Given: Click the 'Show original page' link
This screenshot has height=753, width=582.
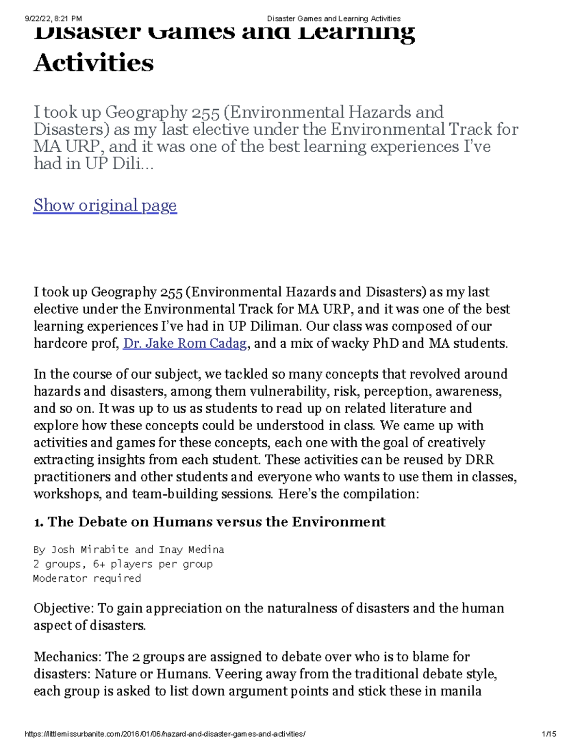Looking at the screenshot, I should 105,206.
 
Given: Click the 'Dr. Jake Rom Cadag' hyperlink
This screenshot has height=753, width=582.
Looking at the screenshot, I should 185,343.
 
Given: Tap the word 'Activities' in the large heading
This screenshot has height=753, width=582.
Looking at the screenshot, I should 94,63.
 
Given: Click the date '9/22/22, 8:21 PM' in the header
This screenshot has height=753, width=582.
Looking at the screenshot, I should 53,19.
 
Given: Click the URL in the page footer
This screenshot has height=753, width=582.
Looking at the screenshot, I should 165,734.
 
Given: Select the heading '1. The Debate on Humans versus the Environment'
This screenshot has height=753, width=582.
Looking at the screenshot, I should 210,522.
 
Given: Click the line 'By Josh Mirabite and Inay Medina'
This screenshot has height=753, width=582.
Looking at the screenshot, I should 129,549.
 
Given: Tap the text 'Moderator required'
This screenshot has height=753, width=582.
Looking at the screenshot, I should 87,578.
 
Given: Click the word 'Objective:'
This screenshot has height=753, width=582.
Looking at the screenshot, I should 64,608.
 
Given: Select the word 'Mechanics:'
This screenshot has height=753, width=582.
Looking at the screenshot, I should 67,657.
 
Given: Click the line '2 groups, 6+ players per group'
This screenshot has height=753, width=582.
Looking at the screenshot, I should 123,564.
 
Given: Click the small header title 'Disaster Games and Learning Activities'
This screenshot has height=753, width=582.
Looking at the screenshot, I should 334,19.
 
